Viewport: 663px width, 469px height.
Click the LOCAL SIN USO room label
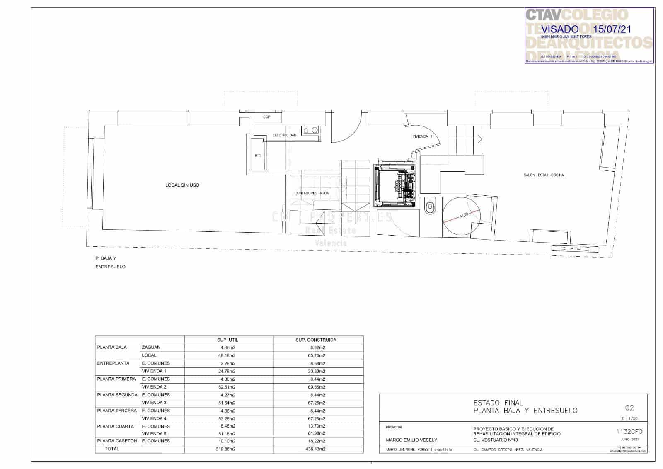182,185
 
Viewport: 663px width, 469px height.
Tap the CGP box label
266,117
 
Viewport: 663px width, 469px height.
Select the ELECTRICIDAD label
284,136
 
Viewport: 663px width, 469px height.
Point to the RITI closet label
258,156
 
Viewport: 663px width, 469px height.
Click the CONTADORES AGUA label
312,193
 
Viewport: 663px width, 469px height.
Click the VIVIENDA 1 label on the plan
422,136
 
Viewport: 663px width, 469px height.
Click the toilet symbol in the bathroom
431,207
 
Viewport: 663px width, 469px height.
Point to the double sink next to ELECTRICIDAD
310,130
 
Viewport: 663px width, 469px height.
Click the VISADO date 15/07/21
612,29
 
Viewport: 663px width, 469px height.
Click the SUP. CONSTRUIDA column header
316,340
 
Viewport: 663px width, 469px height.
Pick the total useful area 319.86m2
227,449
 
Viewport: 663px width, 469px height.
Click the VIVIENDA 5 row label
154,433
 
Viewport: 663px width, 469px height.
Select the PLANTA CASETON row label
117,441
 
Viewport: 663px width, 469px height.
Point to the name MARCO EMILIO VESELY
411,440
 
